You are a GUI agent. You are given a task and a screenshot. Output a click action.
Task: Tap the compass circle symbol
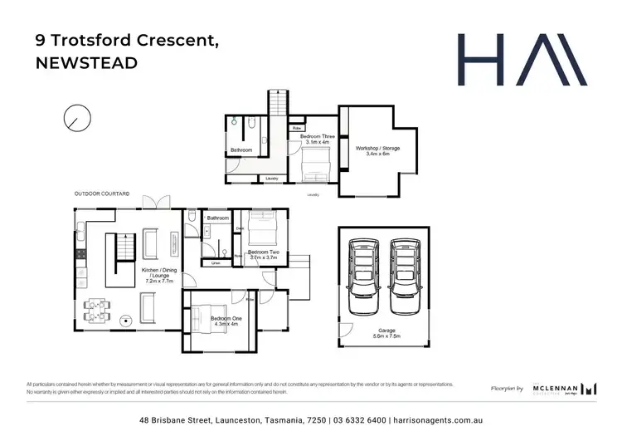75,118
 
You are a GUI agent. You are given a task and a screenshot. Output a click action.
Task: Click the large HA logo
522,60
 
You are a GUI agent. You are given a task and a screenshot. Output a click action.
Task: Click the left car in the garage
362,277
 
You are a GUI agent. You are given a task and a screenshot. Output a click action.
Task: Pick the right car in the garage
404,277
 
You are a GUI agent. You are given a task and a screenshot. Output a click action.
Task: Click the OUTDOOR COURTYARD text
101,194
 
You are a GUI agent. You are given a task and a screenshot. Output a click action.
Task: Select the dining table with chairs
98,309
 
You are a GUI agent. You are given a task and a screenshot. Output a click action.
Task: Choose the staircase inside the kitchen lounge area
124,247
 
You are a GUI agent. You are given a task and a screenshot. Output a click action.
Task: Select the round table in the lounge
126,317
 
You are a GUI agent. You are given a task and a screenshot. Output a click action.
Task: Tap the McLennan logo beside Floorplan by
567,388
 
